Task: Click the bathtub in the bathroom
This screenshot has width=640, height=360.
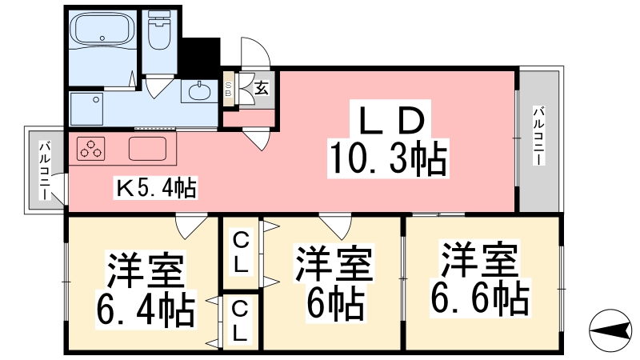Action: (x=102, y=30)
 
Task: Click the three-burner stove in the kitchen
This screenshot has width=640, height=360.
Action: (x=90, y=149)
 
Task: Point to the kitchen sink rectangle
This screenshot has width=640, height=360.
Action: (x=147, y=149)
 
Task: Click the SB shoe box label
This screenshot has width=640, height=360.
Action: (x=228, y=90)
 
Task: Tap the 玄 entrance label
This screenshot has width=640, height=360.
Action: (x=262, y=88)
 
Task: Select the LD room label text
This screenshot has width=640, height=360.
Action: (x=390, y=121)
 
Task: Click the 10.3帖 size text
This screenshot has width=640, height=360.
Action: (x=388, y=158)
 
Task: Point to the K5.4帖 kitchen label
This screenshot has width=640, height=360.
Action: (x=155, y=188)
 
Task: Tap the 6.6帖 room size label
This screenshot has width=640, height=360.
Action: (x=480, y=297)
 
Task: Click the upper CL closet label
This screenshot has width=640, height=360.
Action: (x=241, y=252)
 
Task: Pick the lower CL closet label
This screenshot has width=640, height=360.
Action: (x=240, y=322)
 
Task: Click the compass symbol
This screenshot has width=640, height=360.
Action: (x=610, y=330)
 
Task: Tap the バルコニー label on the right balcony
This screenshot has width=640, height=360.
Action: (x=539, y=136)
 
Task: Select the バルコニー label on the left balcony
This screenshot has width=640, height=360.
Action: (x=45, y=170)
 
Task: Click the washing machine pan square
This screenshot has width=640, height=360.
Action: (x=86, y=109)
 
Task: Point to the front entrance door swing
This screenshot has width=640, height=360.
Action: (x=255, y=52)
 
